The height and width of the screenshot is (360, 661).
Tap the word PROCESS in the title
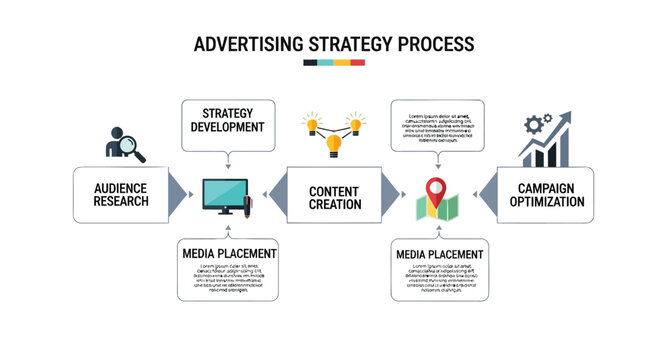(434, 44)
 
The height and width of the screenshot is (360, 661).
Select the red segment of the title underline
(357, 63)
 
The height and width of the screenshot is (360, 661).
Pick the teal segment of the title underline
(326, 63)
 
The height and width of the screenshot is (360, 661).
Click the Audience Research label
(121, 194)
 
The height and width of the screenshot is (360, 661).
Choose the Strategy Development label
(227, 120)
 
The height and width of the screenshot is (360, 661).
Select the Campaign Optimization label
(545, 194)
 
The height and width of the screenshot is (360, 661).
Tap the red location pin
(434, 187)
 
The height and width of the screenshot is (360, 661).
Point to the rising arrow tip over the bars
(565, 117)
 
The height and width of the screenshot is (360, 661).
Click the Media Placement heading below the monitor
(229, 253)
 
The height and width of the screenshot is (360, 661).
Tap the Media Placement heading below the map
(440, 253)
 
